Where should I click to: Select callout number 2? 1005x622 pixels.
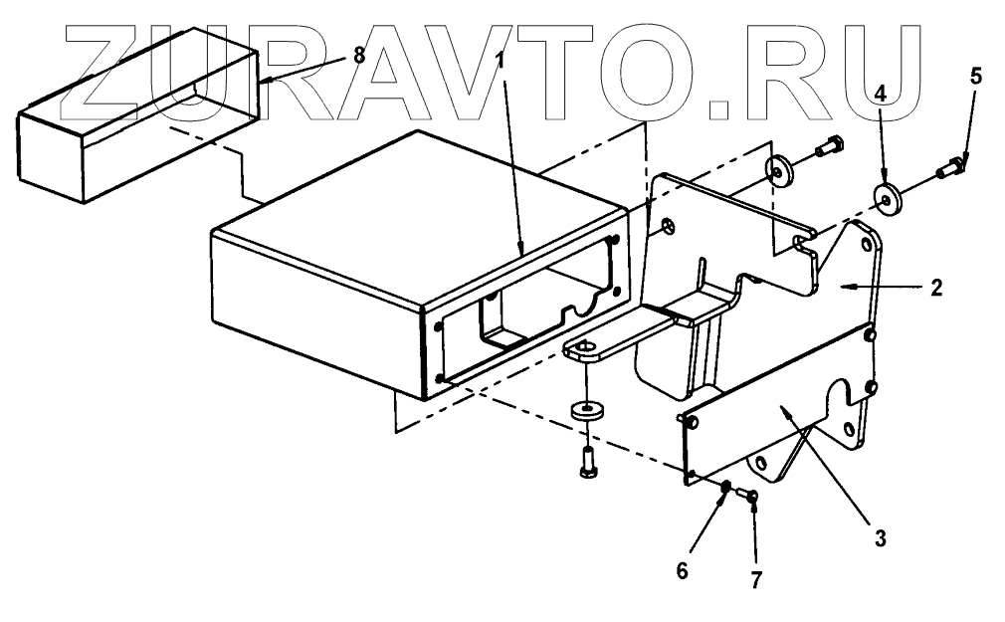(936, 288)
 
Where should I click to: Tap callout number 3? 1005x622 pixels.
(880, 538)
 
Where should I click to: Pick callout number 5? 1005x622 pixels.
(975, 77)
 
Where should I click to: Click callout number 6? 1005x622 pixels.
(682, 572)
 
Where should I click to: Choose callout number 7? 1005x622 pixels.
(755, 578)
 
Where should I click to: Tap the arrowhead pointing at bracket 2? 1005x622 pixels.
(846, 288)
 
